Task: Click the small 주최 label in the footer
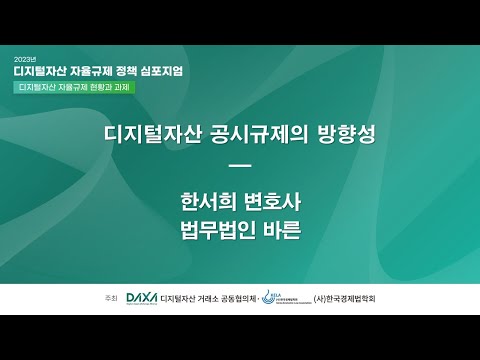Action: (x=110, y=299)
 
